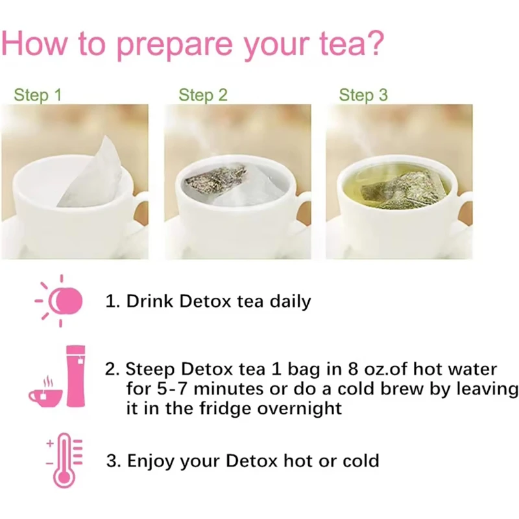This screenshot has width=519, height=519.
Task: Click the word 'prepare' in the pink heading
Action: (x=175, y=45)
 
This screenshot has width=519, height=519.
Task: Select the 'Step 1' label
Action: (x=38, y=95)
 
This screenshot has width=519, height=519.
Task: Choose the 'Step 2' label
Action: (x=203, y=95)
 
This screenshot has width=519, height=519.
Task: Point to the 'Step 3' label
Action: (x=363, y=95)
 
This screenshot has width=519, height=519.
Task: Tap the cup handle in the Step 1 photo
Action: (x=140, y=212)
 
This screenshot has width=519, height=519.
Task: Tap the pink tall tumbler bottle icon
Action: (x=76, y=376)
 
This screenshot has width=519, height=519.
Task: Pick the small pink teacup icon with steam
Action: (x=45, y=392)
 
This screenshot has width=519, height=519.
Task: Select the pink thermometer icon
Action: (x=64, y=461)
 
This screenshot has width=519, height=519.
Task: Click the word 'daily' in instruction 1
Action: (x=290, y=302)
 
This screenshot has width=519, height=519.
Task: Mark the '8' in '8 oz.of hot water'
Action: (x=353, y=369)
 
